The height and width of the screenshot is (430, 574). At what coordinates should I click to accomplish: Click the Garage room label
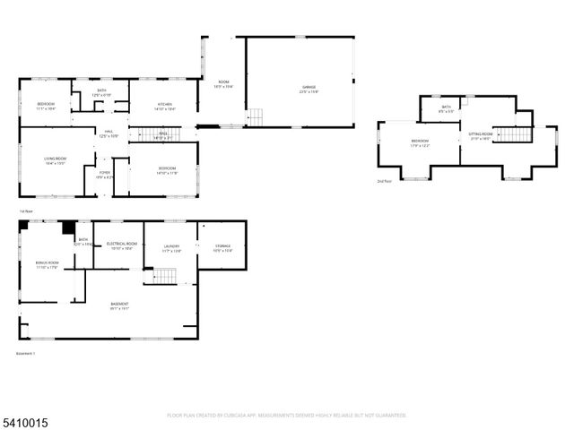click(x=309, y=90)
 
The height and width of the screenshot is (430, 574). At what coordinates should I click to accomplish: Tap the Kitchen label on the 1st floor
click(x=165, y=106)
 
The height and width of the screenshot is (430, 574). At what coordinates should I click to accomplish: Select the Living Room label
click(x=56, y=161)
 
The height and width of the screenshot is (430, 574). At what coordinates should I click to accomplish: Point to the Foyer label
click(x=105, y=176)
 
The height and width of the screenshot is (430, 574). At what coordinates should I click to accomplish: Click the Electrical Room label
click(x=121, y=245)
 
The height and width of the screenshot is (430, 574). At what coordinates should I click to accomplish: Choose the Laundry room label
click(x=171, y=248)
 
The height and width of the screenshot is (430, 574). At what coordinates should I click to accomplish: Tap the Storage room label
click(x=222, y=248)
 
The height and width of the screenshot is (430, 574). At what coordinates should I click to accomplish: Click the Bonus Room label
click(x=47, y=265)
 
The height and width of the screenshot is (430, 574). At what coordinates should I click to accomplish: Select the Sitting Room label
click(x=481, y=136)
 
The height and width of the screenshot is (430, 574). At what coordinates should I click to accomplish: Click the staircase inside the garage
click(x=256, y=116)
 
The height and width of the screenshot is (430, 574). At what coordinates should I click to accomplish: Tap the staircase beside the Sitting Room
click(x=513, y=134)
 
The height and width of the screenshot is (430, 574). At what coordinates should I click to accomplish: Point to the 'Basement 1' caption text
click(x=26, y=353)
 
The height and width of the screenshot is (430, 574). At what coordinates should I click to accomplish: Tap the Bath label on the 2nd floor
click(x=447, y=108)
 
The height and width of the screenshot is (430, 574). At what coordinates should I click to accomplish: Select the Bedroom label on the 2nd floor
click(x=420, y=142)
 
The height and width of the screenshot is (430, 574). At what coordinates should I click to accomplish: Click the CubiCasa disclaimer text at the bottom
click(x=287, y=415)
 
